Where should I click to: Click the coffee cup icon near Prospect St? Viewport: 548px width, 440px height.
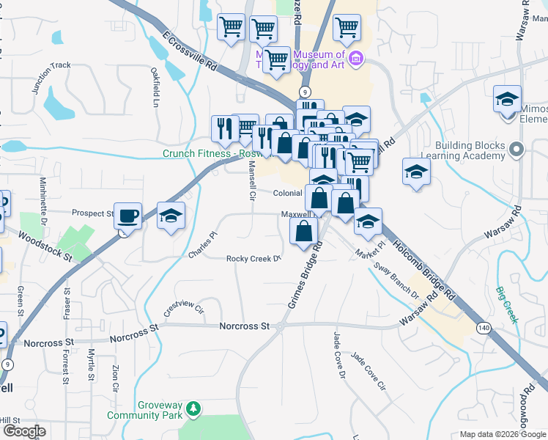(x=128, y=216)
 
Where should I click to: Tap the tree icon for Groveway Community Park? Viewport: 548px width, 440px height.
(x=193, y=408)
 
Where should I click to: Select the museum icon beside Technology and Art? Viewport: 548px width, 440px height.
(x=356, y=59)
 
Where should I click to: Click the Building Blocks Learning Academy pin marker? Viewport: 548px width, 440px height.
(x=517, y=150)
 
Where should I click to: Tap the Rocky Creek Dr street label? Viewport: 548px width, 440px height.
(x=253, y=259)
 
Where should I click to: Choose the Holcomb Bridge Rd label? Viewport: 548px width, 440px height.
(x=423, y=268)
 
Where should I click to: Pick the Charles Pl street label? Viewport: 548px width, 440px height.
(x=203, y=245)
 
